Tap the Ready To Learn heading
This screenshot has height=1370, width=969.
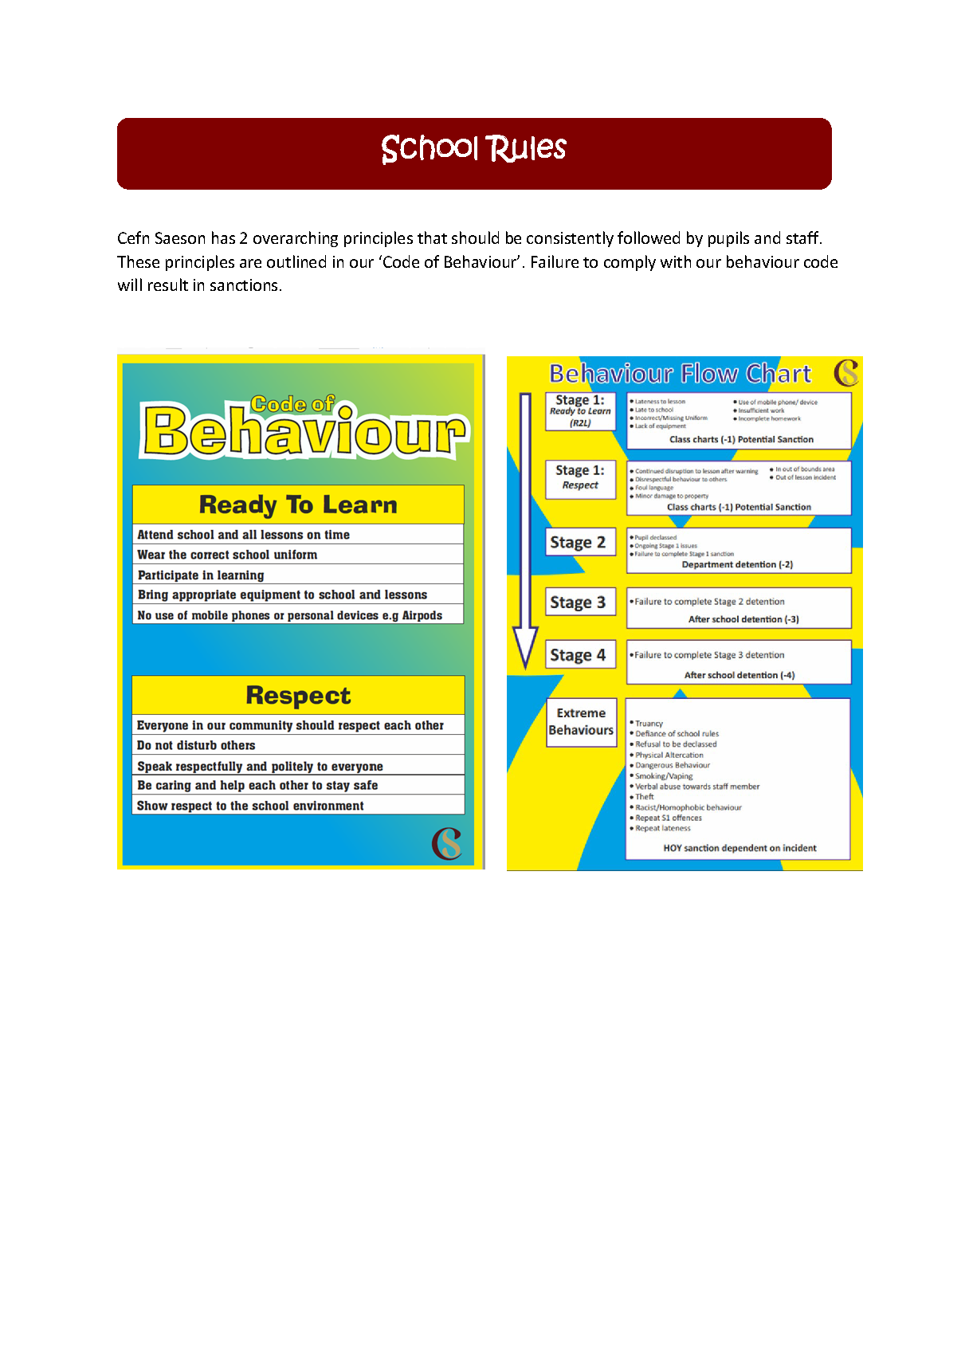click(x=298, y=504)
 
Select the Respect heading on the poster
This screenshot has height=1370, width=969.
click(x=298, y=695)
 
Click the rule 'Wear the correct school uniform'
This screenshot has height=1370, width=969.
click(x=227, y=555)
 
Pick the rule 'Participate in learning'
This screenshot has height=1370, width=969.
click(x=201, y=575)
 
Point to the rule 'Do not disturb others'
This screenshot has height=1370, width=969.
click(x=196, y=745)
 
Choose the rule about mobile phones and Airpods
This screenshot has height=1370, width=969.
click(x=289, y=615)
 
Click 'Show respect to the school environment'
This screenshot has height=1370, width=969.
click(x=250, y=806)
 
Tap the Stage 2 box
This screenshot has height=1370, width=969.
click(x=579, y=542)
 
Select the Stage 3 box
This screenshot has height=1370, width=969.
click(x=579, y=603)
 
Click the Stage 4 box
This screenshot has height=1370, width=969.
click(x=579, y=655)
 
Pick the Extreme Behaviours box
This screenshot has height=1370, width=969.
click(x=581, y=722)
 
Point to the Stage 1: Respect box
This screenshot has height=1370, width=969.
click(x=580, y=478)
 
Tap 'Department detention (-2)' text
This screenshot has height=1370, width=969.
click(x=737, y=564)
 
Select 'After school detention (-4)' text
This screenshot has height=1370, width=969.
click(x=739, y=675)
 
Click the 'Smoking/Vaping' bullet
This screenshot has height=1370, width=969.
click(x=664, y=775)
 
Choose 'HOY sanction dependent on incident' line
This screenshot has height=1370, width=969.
click(x=739, y=848)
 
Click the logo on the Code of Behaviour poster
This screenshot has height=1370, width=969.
click(x=447, y=843)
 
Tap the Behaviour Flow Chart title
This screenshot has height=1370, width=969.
click(x=680, y=374)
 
